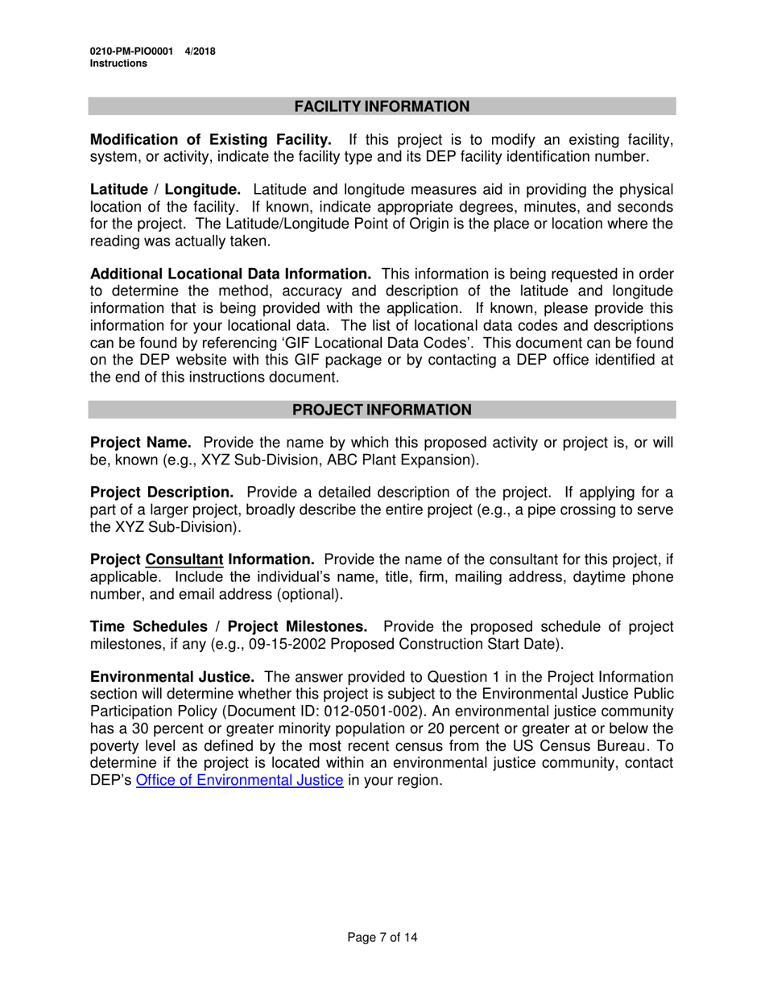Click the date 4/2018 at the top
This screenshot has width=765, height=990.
click(200, 52)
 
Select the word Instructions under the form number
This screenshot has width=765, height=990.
click(118, 64)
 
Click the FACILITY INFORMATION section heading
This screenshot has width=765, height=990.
click(382, 107)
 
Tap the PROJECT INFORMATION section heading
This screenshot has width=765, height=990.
click(382, 410)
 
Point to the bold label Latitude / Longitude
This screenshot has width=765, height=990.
click(165, 190)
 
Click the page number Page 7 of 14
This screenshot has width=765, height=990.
click(382, 937)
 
